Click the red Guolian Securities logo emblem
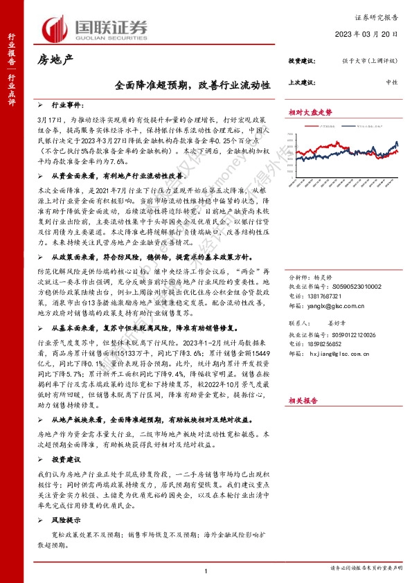tap(55, 27)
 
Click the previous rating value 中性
tap(391, 82)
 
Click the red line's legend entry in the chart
tap(316, 127)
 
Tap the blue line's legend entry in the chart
tap(360, 127)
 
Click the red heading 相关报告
tap(304, 400)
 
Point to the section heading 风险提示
tap(66, 500)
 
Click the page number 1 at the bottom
tap(206, 570)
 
